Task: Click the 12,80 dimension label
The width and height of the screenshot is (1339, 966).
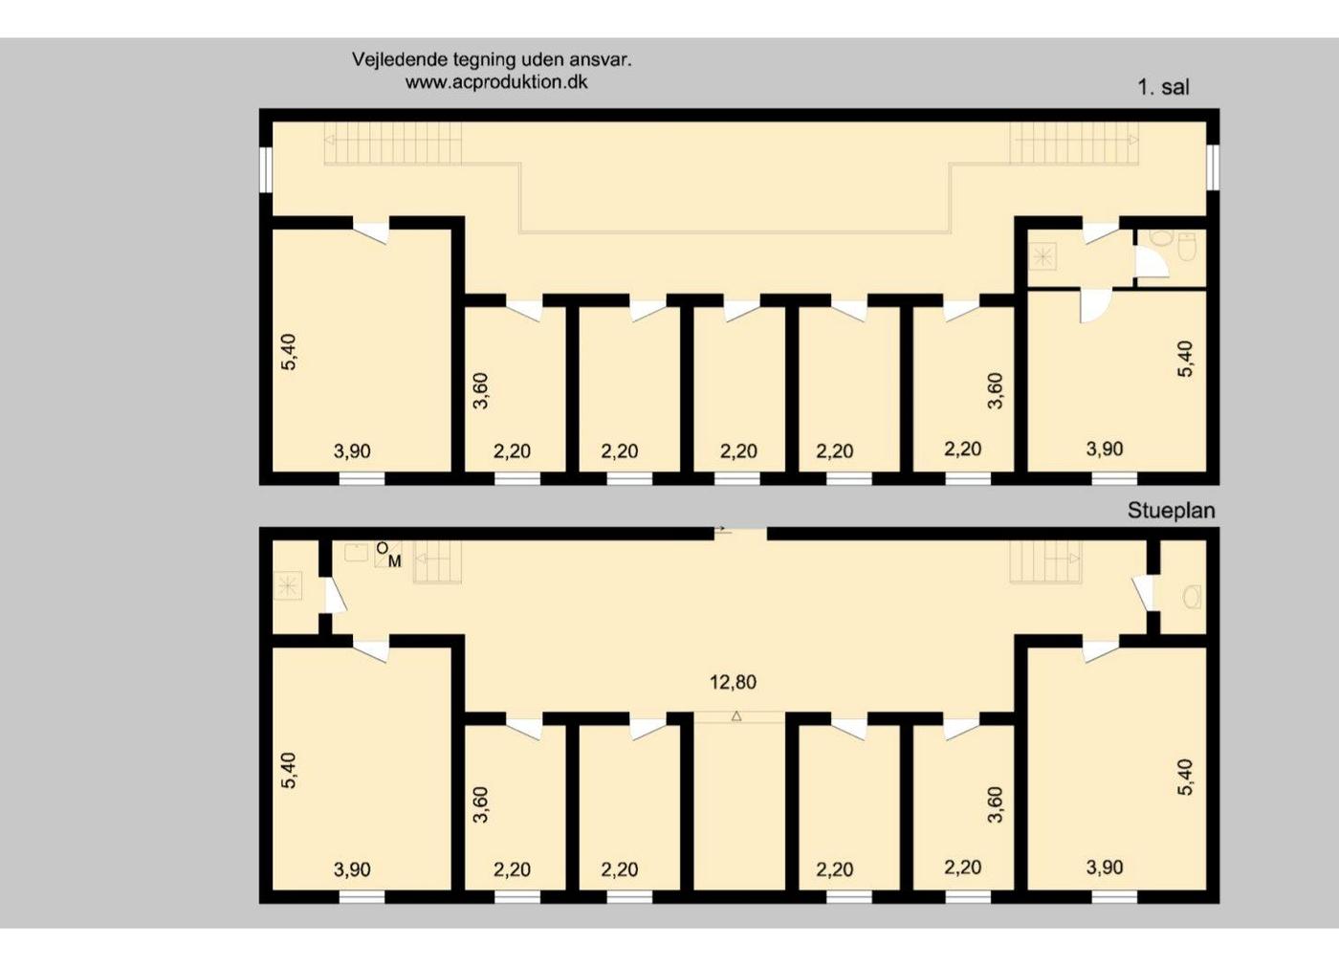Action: (x=733, y=682)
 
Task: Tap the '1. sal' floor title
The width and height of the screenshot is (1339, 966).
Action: (x=1164, y=88)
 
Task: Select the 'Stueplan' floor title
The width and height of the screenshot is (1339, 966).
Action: (x=1171, y=511)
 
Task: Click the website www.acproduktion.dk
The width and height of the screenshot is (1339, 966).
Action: (x=496, y=82)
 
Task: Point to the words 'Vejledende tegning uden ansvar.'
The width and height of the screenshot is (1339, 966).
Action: (x=492, y=59)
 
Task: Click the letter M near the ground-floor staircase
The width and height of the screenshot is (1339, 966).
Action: (x=394, y=561)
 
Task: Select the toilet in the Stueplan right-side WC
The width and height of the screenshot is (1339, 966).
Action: (x=1192, y=597)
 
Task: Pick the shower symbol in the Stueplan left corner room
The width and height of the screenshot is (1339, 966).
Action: (x=287, y=585)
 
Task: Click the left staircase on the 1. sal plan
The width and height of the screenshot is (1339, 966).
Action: (x=393, y=143)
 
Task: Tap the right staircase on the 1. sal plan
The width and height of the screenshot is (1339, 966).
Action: (x=1074, y=143)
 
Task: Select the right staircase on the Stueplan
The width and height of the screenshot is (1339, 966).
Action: (x=1045, y=561)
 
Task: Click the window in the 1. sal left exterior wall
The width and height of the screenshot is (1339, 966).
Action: (x=266, y=170)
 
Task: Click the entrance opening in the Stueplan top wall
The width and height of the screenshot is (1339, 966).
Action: (x=740, y=534)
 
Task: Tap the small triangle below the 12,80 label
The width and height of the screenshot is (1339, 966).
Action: (x=736, y=716)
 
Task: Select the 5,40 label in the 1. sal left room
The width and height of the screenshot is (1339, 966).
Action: (x=289, y=352)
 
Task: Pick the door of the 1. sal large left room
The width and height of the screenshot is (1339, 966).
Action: (x=371, y=231)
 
